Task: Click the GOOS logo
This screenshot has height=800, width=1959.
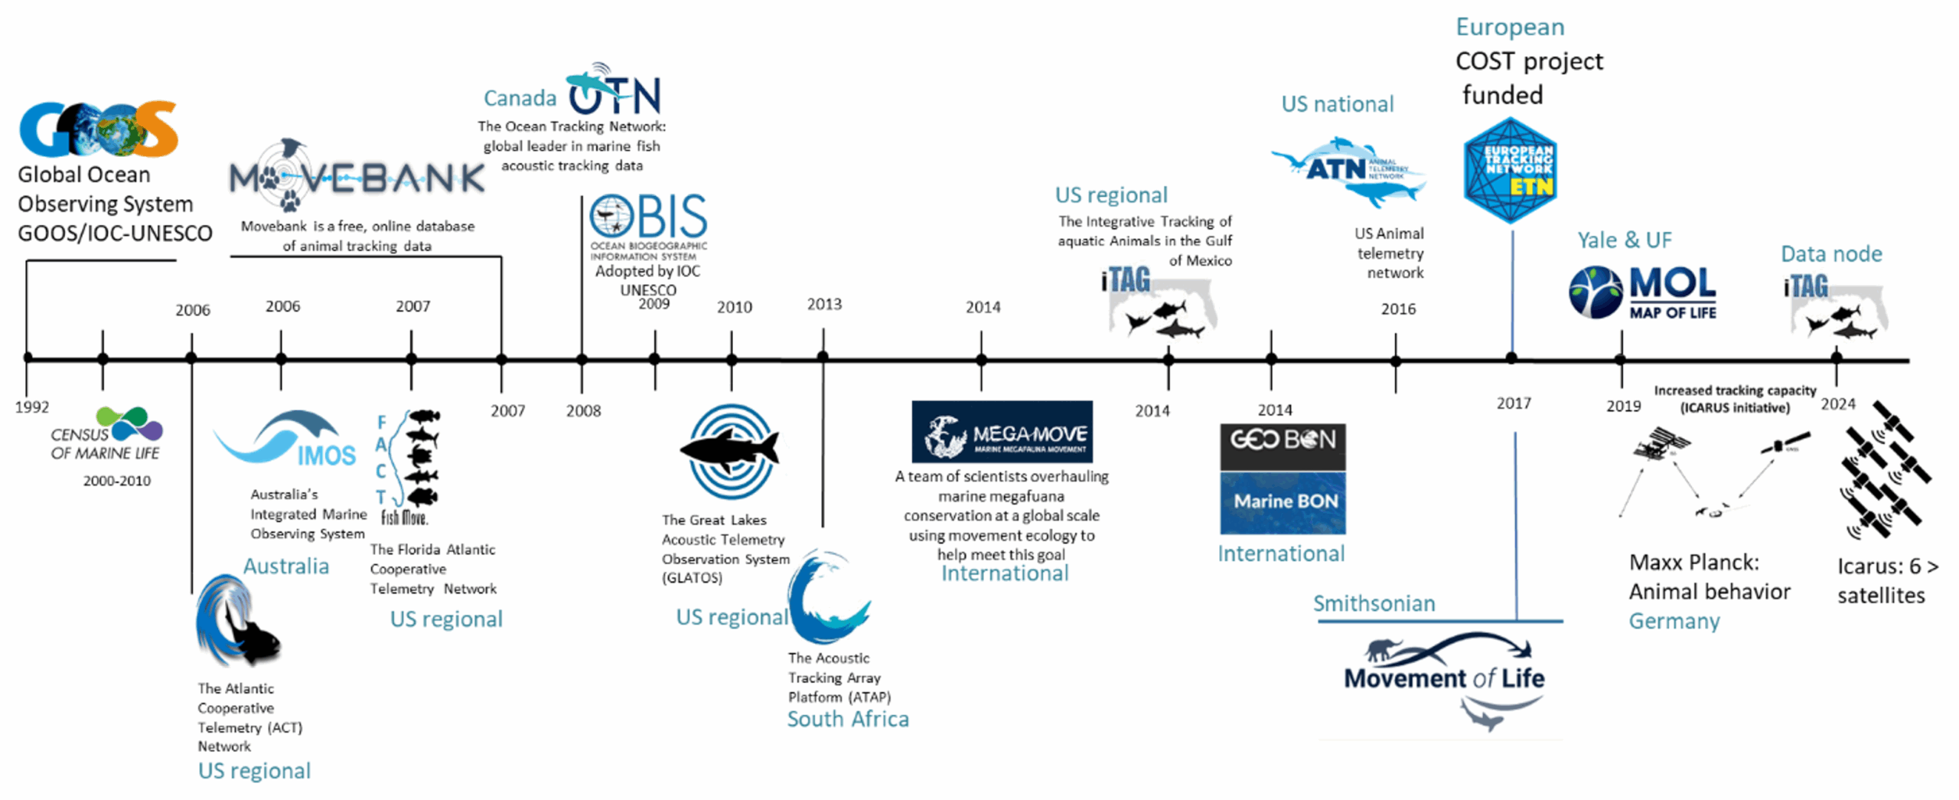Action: [x=98, y=129]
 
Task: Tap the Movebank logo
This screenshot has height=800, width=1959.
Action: [x=356, y=178]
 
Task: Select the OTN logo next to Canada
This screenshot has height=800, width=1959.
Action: [x=614, y=92]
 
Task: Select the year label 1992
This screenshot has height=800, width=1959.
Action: [x=31, y=407]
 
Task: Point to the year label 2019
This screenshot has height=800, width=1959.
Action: [x=1622, y=406]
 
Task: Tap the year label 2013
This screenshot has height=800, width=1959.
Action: [x=823, y=305]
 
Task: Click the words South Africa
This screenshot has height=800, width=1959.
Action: [x=847, y=719]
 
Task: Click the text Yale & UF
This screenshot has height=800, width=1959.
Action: [x=1623, y=240]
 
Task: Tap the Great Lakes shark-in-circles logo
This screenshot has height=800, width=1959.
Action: [x=731, y=452]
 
